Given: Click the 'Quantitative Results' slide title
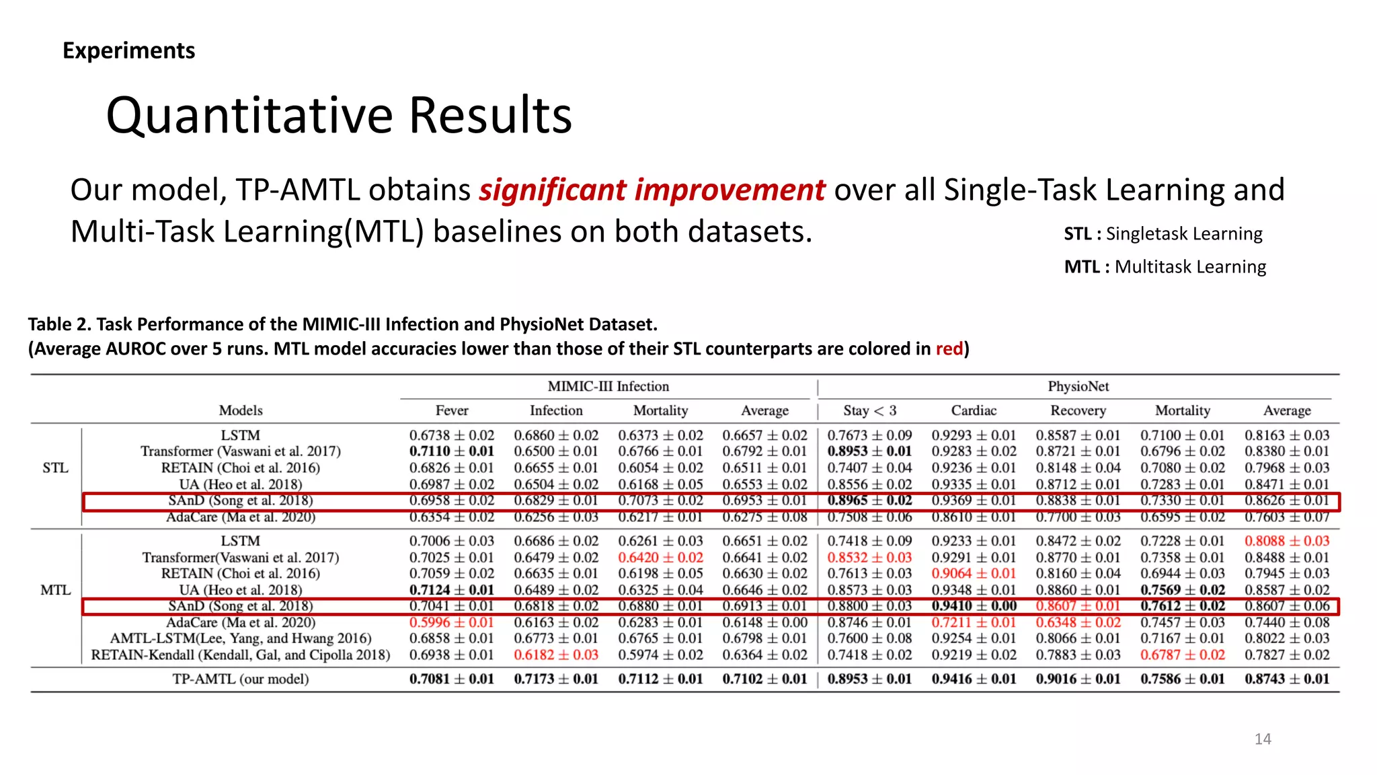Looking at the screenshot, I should pos(339,115).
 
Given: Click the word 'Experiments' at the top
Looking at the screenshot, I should pos(128,50).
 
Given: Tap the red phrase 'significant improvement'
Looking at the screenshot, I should pos(652,190).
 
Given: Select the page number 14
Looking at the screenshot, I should pos(1262,739).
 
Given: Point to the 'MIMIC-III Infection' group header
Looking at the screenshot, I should pos(608,386).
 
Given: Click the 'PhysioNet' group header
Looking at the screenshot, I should pos(1078,386).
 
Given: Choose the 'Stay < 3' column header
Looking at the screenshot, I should pos(869,410).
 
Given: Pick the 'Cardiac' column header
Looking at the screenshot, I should pos(974,410).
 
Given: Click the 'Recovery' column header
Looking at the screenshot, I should pos(1078,410).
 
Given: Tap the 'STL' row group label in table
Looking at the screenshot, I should pos(55,468).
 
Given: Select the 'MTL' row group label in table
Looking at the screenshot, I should pos(55,590).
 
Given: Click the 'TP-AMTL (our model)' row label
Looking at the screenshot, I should pos(241,679).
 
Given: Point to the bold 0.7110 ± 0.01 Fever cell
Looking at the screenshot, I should pos(451,451).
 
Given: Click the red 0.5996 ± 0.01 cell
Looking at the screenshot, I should pos(451,622).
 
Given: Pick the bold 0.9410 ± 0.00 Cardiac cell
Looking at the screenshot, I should pos(974,606).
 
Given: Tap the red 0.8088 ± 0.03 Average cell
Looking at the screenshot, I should pos(1287,541).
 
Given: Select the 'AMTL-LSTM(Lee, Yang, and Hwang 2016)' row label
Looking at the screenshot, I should pos(241,638).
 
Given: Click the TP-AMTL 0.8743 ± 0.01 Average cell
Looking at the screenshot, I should pos(1287,679).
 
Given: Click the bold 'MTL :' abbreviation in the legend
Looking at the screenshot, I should pos(1086,267).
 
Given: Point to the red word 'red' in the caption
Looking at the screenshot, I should pos(949,348).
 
